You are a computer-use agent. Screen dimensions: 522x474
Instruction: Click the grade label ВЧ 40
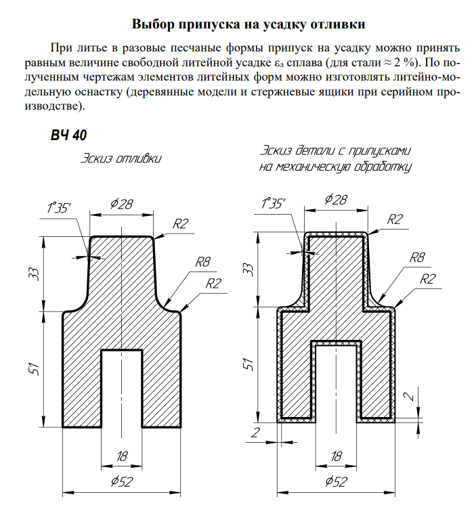click(x=68, y=135)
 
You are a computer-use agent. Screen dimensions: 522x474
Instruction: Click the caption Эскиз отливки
click(x=122, y=159)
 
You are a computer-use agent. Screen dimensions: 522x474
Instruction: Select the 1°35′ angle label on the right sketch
click(x=274, y=204)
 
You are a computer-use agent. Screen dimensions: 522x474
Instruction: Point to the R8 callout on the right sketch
click(x=418, y=258)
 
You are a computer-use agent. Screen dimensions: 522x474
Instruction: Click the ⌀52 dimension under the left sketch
click(x=122, y=482)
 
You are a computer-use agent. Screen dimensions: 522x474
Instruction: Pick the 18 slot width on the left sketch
click(x=122, y=456)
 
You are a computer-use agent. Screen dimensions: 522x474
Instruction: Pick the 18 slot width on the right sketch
click(x=336, y=456)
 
